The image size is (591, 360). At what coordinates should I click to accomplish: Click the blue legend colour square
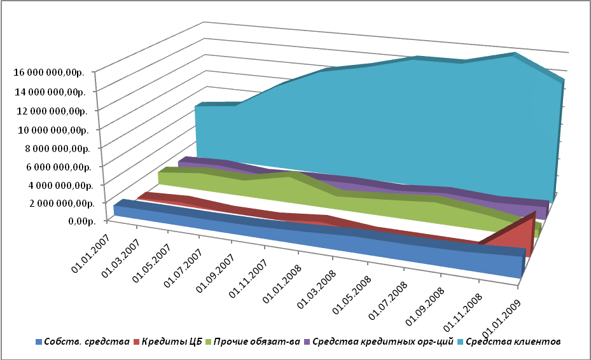39,342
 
